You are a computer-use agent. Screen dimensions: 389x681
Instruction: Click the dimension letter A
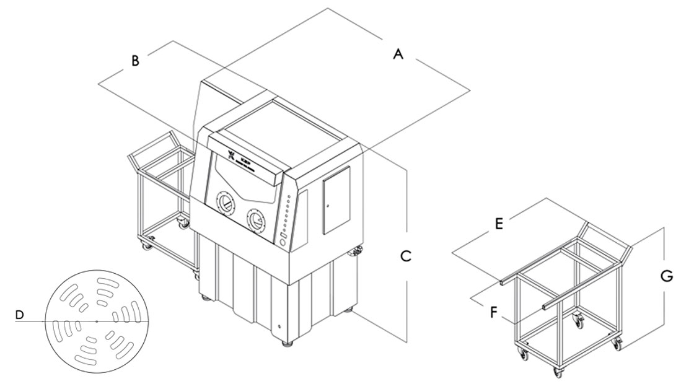pos(398,55)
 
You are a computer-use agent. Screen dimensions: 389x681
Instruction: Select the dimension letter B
pos(134,60)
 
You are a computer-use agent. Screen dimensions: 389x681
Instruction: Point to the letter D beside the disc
pos(20,316)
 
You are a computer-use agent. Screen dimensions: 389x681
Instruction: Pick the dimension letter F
pos(494,312)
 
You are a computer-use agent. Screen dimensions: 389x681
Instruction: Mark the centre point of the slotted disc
pos(97,321)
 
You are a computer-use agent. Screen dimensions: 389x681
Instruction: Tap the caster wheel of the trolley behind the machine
pos(184,222)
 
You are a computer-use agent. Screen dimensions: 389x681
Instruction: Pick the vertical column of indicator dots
pos(288,214)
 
